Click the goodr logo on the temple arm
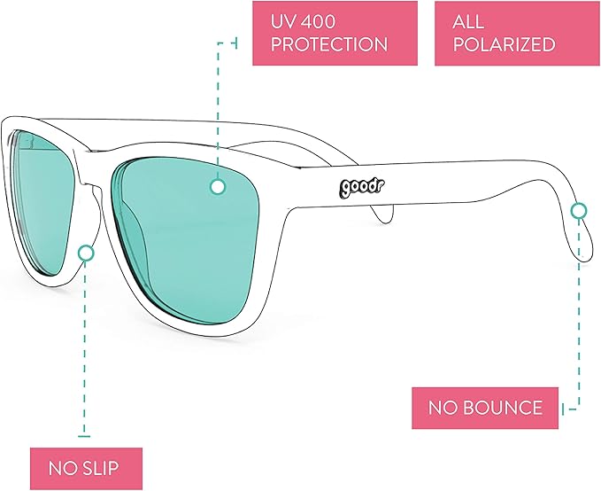(358, 188)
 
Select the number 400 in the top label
(328, 19)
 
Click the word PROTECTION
(329, 44)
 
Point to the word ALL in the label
(470, 19)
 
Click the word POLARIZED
(504, 44)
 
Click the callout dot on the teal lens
(216, 187)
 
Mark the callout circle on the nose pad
(86, 253)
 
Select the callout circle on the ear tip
(579, 210)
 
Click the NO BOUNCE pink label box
(485, 409)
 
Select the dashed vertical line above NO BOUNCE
(579, 310)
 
